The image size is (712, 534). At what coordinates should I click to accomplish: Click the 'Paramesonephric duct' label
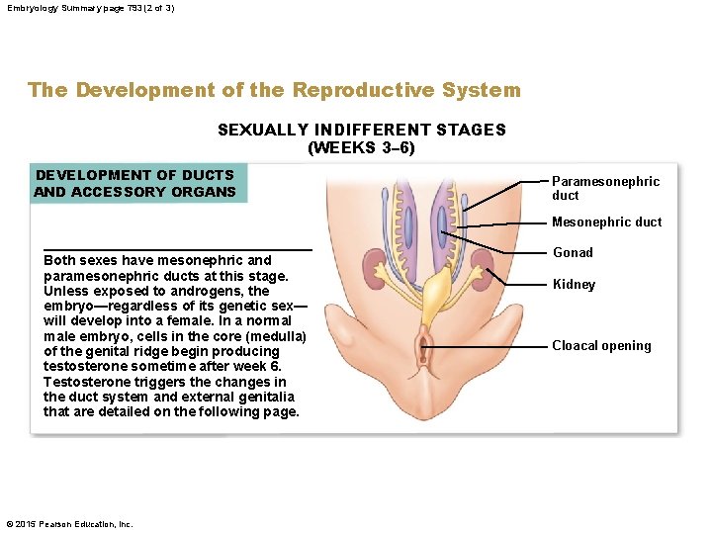pos(604,188)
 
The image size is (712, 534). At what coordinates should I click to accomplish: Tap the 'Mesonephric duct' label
pos(606,222)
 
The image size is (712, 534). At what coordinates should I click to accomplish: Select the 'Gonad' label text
pos(573,253)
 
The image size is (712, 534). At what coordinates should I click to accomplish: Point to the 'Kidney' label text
pos(574,285)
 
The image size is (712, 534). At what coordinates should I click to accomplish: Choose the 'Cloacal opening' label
pos(601,346)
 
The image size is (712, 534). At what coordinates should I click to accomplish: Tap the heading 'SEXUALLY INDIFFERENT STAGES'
pos(361,130)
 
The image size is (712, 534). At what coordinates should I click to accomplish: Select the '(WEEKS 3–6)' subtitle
pos(361,148)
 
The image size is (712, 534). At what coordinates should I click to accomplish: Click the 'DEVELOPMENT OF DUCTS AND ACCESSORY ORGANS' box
pos(134,183)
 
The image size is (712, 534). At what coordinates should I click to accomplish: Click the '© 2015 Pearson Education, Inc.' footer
pos(68,524)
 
